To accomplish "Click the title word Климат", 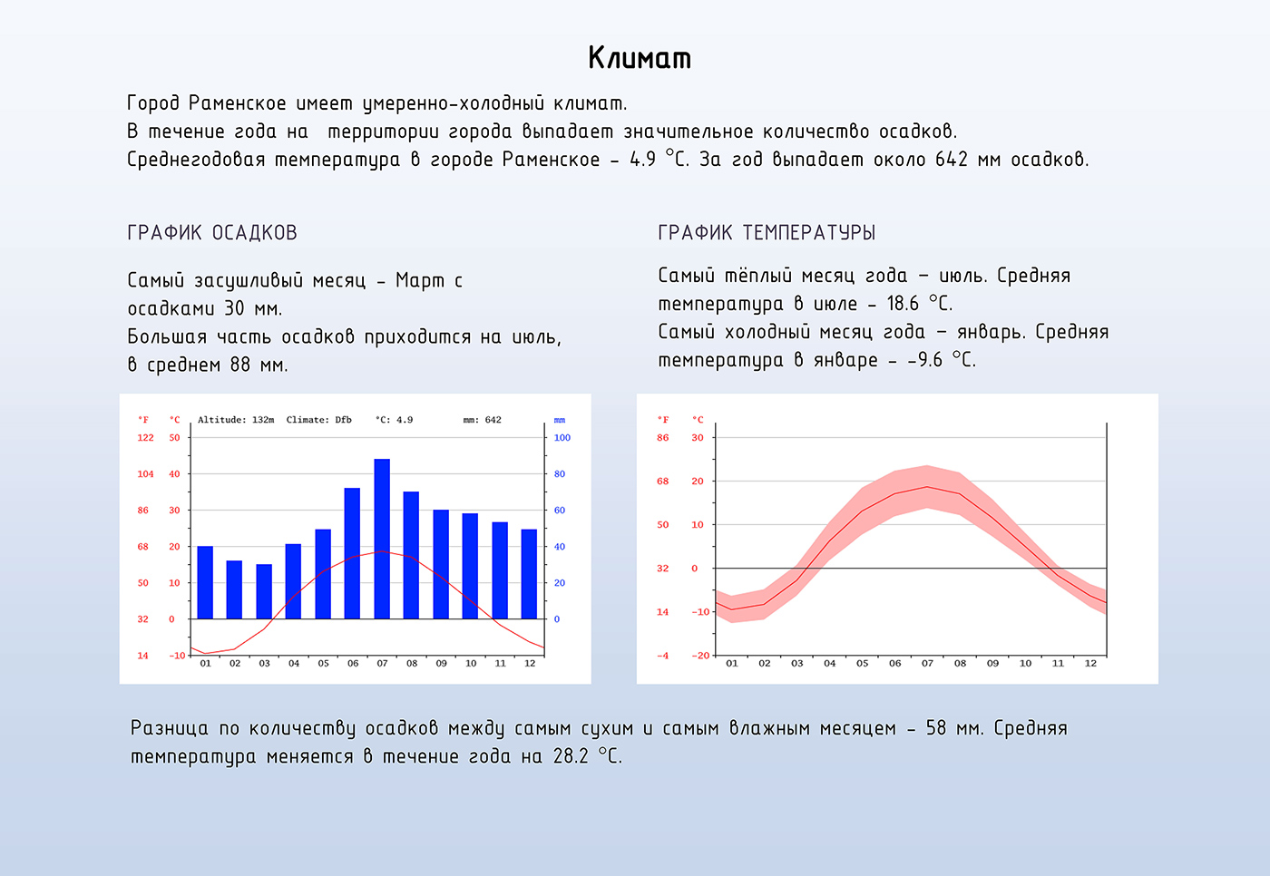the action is point(640,58).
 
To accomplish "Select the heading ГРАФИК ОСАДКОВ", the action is point(212,233).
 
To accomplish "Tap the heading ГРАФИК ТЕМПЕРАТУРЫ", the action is point(767,233).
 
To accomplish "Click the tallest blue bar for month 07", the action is point(382,539).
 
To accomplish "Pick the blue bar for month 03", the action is point(264,591).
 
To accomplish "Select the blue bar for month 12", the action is point(529,574).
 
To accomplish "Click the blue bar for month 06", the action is point(352,553).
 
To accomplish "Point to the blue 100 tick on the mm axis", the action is point(562,437).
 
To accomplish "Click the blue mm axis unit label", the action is point(560,421).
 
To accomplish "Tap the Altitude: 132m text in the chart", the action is point(236,420).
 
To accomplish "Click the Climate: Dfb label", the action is point(318,420).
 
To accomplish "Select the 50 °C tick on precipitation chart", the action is point(174,437).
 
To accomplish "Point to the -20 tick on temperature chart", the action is point(700,656).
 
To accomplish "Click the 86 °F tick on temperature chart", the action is point(663,437).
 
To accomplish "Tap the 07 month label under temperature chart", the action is point(927,664).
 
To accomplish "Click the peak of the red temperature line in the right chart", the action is point(927,487).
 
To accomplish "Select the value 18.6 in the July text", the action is point(903,304).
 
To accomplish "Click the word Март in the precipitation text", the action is point(420,281).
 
